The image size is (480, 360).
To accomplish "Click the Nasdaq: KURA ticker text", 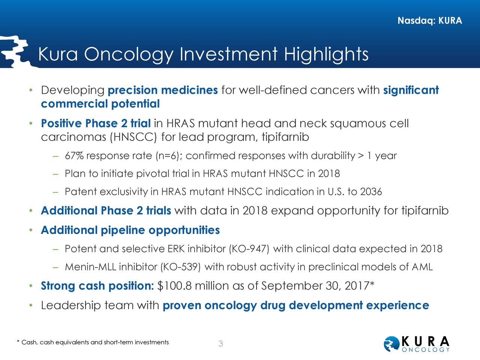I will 429,21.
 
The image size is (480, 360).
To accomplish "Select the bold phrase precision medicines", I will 163,90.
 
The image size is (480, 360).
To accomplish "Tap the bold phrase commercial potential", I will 100,104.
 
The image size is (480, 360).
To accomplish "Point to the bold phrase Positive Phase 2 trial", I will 96,123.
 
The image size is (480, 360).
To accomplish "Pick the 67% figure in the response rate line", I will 74,156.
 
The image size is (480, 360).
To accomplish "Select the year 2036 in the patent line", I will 371,192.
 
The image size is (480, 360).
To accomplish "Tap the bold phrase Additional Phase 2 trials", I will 106,211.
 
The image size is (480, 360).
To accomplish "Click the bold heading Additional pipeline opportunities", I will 130,230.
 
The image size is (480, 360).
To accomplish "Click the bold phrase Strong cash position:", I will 97,286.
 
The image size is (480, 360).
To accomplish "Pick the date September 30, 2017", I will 315,286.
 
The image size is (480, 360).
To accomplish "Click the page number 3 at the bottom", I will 221,344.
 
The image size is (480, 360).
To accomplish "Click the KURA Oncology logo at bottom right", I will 417,344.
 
